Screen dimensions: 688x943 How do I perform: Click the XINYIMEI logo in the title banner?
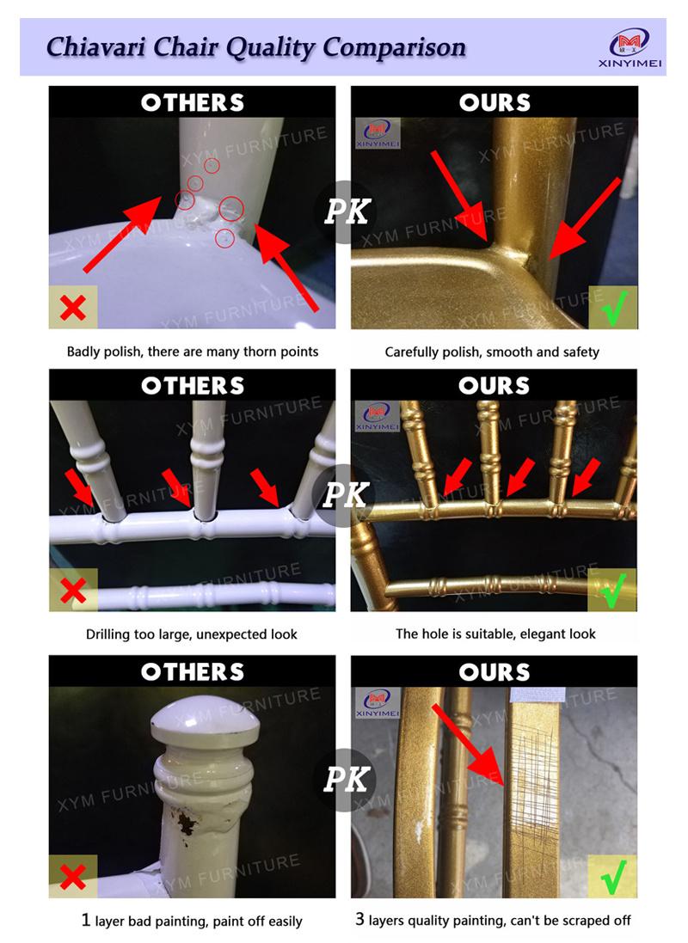point(630,48)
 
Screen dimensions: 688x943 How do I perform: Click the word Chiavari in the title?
point(95,47)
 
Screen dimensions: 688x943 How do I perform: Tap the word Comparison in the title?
point(394,47)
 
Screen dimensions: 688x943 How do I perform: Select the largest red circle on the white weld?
point(231,209)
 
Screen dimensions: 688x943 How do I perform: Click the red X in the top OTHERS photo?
point(73,308)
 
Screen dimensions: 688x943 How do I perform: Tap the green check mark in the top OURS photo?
point(614,308)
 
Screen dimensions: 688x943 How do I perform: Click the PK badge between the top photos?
point(346,211)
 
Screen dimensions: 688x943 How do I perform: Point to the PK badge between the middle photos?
point(345,495)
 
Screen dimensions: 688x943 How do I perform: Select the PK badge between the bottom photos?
point(346,780)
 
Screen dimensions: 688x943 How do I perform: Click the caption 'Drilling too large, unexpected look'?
point(192,634)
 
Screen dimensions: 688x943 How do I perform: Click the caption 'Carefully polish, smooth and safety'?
point(493,352)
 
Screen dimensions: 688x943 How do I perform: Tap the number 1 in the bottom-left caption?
point(86,920)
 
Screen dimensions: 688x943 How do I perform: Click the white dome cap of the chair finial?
point(206,718)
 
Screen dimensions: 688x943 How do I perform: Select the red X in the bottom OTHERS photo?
point(73,877)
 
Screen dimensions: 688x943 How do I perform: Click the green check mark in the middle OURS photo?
point(613,591)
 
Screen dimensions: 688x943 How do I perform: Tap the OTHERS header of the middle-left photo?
point(193,385)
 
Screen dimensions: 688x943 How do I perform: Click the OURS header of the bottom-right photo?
point(494,671)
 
